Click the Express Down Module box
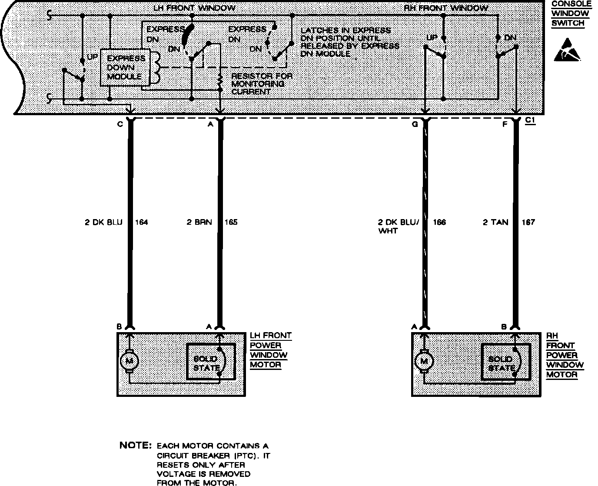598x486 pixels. [x=126, y=68]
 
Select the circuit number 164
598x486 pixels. [x=142, y=223]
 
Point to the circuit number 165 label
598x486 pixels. [x=231, y=223]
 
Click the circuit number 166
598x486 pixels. [x=439, y=223]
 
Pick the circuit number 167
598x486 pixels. [x=528, y=223]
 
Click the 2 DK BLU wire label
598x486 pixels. [x=103, y=223]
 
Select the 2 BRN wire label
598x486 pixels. [x=199, y=223]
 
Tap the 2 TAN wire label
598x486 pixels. [x=495, y=223]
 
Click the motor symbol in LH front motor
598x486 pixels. [x=129, y=360]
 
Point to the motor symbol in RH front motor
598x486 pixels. [x=424, y=360]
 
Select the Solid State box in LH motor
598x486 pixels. [x=211, y=362]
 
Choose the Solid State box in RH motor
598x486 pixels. [x=505, y=362]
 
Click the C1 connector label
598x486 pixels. [x=530, y=122]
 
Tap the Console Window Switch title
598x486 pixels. [x=571, y=13]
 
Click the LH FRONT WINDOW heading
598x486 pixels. [x=194, y=8]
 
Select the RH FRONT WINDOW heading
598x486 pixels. [x=445, y=8]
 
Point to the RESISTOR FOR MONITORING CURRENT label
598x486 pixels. [x=261, y=84]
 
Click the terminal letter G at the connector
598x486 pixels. [x=415, y=124]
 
